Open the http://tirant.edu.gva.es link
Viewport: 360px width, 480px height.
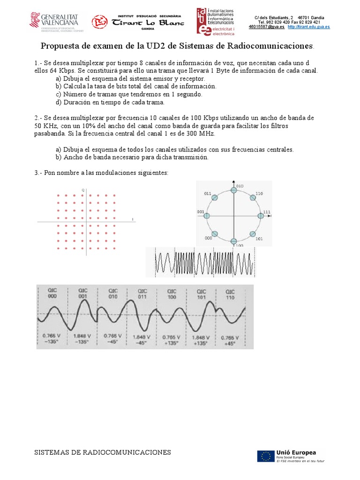[x=308, y=27]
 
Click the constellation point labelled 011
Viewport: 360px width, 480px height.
[x=214, y=198]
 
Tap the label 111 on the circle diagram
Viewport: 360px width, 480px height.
[x=267, y=212]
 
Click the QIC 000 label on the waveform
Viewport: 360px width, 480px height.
[x=52, y=294]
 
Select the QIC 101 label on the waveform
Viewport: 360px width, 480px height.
[x=201, y=294]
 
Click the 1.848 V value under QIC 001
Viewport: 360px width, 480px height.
[x=82, y=337]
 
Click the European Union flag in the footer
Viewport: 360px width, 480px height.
[x=265, y=456]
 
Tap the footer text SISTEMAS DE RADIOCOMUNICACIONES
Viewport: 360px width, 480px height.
[x=103, y=452]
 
